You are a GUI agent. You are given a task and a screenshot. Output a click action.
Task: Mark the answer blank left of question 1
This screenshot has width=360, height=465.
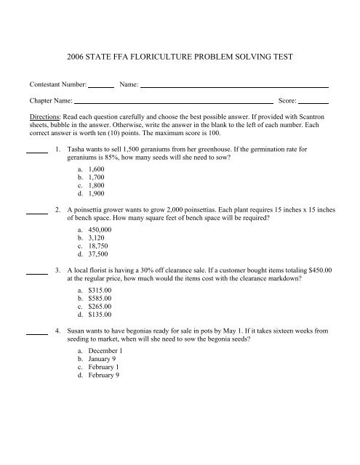[36, 152]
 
